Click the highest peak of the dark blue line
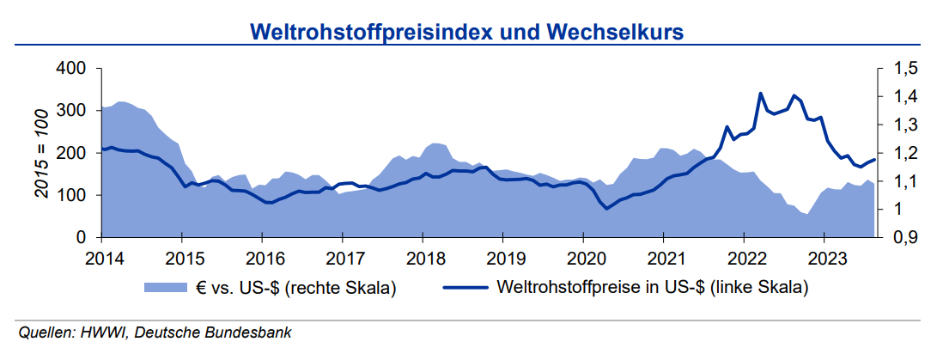760,93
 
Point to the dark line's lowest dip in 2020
606,209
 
